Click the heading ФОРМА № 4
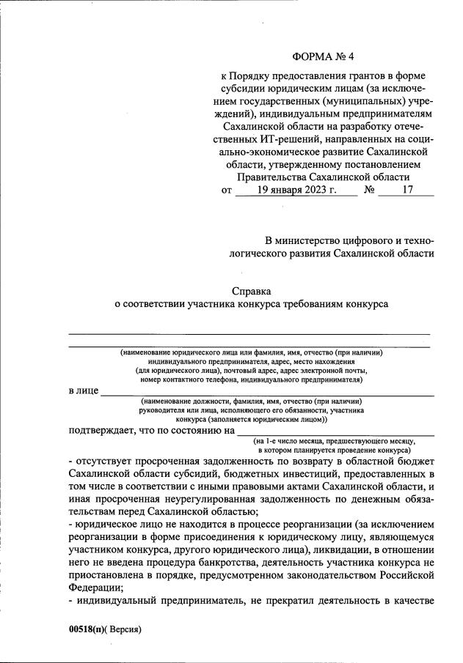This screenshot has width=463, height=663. (323, 56)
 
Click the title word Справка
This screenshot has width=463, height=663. (251, 290)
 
